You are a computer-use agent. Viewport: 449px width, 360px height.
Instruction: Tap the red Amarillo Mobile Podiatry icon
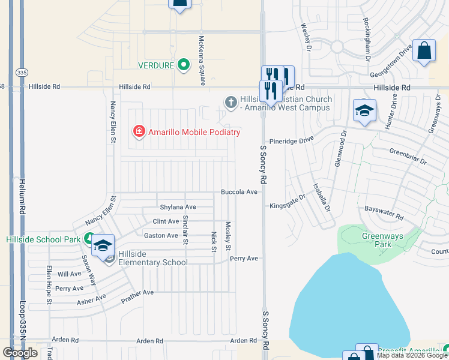pyautogui.click(x=139, y=131)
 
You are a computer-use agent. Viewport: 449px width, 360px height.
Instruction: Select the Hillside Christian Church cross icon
pyautogui.click(x=231, y=103)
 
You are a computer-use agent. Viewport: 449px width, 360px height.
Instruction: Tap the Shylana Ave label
pyautogui.click(x=178, y=207)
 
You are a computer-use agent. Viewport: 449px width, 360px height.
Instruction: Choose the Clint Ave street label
pyautogui.click(x=166, y=221)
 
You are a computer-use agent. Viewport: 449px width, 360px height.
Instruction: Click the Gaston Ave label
pyautogui.click(x=161, y=236)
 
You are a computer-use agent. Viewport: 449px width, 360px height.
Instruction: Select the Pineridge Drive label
pyautogui.click(x=292, y=139)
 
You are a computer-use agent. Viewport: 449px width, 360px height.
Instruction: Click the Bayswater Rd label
pyautogui.click(x=384, y=212)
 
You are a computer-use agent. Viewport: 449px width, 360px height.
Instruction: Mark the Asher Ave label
pyautogui.click(x=91, y=299)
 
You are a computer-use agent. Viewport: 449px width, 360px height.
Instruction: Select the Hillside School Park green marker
pyautogui.click(x=89, y=239)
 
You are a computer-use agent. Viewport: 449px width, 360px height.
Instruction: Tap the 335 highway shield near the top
pyautogui.click(x=22, y=72)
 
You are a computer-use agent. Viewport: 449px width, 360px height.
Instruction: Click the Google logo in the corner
pyautogui.click(x=20, y=353)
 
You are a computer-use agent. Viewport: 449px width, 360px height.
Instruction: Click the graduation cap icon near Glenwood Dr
pyautogui.click(x=364, y=112)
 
